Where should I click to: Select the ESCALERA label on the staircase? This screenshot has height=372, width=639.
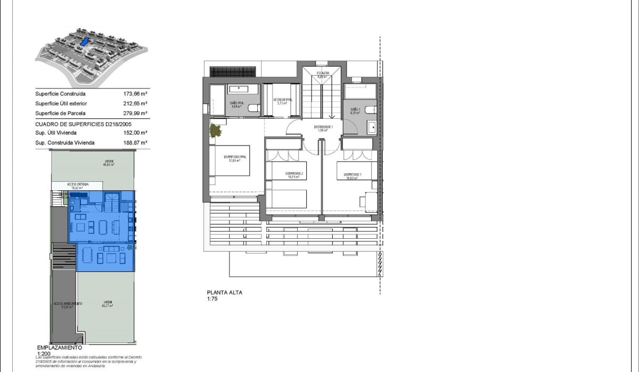tap(323, 74)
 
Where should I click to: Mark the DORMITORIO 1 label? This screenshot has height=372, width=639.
tap(352, 175)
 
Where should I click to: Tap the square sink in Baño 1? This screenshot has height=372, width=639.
tap(372, 127)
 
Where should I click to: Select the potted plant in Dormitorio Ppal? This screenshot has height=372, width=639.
tap(216, 131)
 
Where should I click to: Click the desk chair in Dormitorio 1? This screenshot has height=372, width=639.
tap(363, 200)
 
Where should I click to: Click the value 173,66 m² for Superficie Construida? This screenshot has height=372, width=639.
tap(135, 94)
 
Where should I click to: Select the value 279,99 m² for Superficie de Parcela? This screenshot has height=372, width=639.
tap(135, 114)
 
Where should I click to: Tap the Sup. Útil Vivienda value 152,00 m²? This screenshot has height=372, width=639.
tap(135, 133)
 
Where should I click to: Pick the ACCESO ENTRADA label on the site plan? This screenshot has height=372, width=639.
tap(78, 184)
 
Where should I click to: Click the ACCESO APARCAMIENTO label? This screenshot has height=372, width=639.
tap(63, 304)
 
